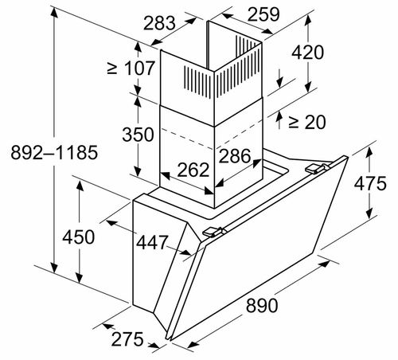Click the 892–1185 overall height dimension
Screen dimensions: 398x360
point(54,152)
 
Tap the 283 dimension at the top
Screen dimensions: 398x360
point(159,23)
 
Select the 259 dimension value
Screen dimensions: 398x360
point(263,14)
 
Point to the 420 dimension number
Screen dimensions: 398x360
point(307,53)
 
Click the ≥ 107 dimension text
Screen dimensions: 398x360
point(131,68)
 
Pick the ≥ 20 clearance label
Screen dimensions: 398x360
point(307,122)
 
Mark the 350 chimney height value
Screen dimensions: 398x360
point(138,134)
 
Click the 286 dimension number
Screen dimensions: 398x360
point(235,156)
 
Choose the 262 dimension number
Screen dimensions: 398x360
point(193,170)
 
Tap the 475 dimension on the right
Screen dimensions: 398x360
point(370,183)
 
